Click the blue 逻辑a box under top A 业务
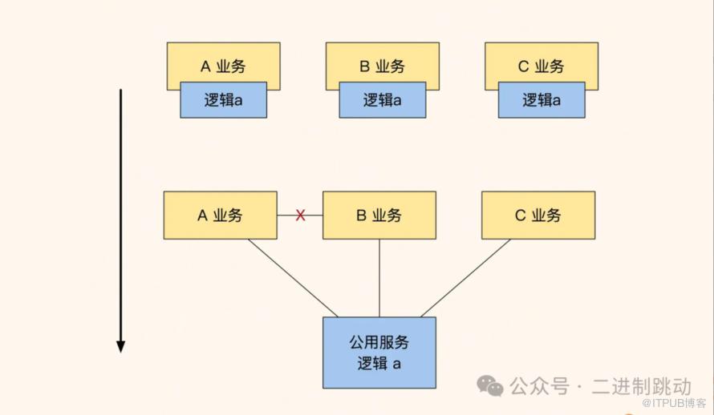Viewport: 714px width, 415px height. click(224, 101)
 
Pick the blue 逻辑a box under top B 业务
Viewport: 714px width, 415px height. click(382, 101)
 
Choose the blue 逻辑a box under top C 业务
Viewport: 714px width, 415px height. click(542, 101)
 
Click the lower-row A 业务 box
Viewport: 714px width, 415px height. click(220, 216)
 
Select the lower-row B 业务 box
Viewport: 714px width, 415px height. click(379, 216)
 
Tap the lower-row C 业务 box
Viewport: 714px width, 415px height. click(538, 216)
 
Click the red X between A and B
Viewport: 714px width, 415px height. click(301, 216)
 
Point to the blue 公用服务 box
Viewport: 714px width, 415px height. click(379, 353)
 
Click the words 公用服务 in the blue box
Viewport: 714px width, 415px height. click(379, 343)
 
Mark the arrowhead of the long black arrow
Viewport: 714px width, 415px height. click(120, 346)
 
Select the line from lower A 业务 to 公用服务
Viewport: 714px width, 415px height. click(293, 278)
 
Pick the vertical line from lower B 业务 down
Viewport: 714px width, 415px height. click(379, 278)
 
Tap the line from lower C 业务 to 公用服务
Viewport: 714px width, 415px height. click(465, 278)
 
